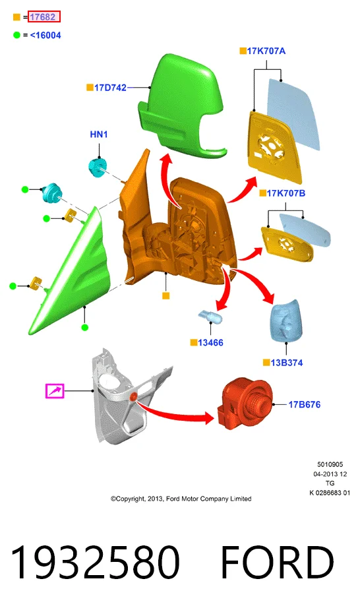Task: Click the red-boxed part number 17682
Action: (x=44, y=17)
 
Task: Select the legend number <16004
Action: (x=45, y=35)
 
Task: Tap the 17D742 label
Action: (x=110, y=88)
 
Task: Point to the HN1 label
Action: (x=99, y=135)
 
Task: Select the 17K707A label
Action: (x=266, y=51)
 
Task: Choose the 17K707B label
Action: (x=285, y=193)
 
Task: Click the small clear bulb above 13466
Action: (x=210, y=316)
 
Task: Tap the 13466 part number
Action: (x=210, y=343)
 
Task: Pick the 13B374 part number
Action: (x=286, y=363)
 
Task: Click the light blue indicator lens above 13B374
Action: (x=287, y=321)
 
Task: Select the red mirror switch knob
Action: (x=244, y=404)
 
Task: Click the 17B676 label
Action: (x=304, y=404)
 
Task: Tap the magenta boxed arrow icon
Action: (x=55, y=391)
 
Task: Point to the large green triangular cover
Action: (x=71, y=274)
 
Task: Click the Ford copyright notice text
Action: (x=181, y=499)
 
